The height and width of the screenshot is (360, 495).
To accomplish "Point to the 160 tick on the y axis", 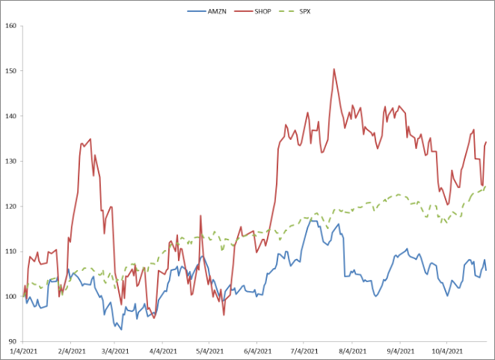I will pyautogui.click(x=10, y=26).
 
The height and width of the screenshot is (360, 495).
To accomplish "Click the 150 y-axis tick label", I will pyautogui.click(x=10, y=71).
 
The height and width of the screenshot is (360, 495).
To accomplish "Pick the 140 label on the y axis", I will pyautogui.click(x=10, y=116).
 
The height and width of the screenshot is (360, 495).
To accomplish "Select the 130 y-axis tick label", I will pyautogui.click(x=10, y=161).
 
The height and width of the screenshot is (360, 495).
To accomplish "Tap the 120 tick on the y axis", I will pyautogui.click(x=10, y=207).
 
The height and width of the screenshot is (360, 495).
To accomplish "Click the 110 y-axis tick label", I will pyautogui.click(x=10, y=251).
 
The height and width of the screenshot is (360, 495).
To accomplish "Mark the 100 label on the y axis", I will pyautogui.click(x=10, y=296).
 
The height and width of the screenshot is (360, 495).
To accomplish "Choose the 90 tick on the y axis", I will pyautogui.click(x=12, y=341).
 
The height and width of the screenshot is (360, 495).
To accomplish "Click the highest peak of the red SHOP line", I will pyautogui.click(x=333, y=69).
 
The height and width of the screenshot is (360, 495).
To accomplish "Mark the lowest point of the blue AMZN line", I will pyautogui.click(x=121, y=329).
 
